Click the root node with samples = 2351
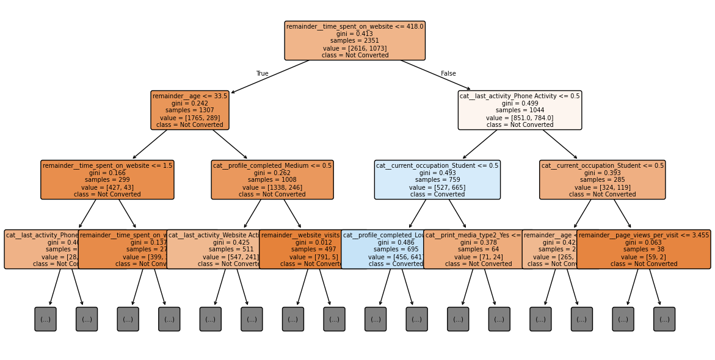pos(355,40)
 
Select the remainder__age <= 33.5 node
pos(190,110)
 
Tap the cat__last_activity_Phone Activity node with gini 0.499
pos(520,110)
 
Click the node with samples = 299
pos(107,180)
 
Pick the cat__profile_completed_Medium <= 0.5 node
pos(272,180)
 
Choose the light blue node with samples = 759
pos(437,180)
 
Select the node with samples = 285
pos(602,180)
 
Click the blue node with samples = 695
pos(385,250)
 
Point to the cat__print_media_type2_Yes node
pos(470,250)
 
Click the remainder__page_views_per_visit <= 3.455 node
pos(644,250)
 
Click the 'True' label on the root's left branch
pos(262,74)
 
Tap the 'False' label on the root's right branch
pos(448,74)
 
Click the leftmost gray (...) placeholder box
pos(45,319)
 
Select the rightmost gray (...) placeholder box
pos(664,319)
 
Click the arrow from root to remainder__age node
pos(270,76)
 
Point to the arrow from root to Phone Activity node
pos(435,75)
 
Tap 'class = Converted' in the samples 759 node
pos(437,195)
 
